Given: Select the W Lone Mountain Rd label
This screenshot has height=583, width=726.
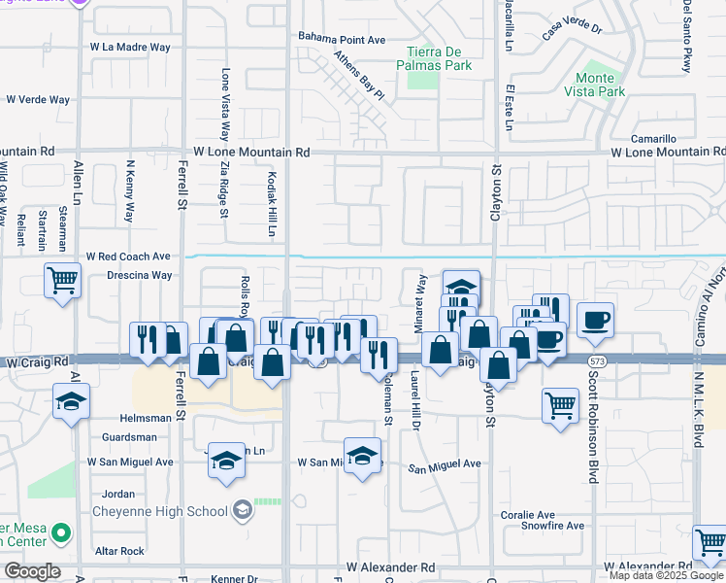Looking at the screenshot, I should tap(251, 153).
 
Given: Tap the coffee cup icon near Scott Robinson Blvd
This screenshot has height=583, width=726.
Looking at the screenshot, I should tap(595, 319).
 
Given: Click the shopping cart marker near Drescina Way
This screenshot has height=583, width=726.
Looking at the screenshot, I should tap(63, 280).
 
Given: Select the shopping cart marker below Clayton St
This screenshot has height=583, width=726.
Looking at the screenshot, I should tap(560, 405).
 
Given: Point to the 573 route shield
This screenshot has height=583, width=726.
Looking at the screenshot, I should tap(593, 360).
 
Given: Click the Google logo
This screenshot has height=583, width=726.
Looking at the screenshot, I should tap(32, 571).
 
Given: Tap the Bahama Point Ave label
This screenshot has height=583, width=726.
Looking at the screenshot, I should tap(343, 40).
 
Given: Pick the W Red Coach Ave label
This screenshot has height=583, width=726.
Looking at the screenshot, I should tap(128, 257).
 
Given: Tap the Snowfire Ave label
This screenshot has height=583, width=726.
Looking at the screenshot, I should tap(552, 526).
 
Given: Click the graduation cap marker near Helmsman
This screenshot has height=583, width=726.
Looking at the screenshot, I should tap(71, 402).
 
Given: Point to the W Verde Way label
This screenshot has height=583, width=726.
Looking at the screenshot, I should tap(38, 99).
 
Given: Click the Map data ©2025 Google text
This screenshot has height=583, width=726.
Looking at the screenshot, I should tap(666, 575).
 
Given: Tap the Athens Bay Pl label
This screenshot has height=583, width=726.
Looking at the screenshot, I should tap(359, 77).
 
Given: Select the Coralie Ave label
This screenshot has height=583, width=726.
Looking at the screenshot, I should tap(527, 515).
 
